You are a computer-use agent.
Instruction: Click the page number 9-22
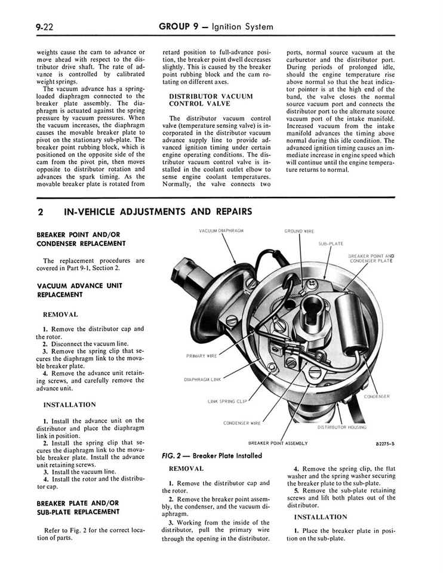point(46,27)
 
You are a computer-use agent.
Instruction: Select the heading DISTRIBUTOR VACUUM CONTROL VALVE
point(211,100)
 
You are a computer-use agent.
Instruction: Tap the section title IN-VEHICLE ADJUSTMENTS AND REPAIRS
point(158,211)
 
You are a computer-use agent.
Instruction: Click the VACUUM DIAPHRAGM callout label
point(221,230)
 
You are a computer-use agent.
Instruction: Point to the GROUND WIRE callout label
point(299,231)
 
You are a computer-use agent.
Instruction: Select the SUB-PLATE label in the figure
point(330,244)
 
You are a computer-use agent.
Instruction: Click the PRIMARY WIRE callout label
point(202,356)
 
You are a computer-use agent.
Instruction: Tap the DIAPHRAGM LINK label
point(202,379)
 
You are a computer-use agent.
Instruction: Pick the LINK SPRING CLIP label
point(227,401)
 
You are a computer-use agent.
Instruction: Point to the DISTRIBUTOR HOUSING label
point(342,427)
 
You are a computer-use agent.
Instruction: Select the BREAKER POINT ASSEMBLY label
point(278,443)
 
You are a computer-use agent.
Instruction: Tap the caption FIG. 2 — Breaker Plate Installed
point(211,455)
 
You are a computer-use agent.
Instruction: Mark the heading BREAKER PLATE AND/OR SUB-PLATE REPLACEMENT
point(78,507)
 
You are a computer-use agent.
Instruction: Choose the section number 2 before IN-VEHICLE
point(40,212)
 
